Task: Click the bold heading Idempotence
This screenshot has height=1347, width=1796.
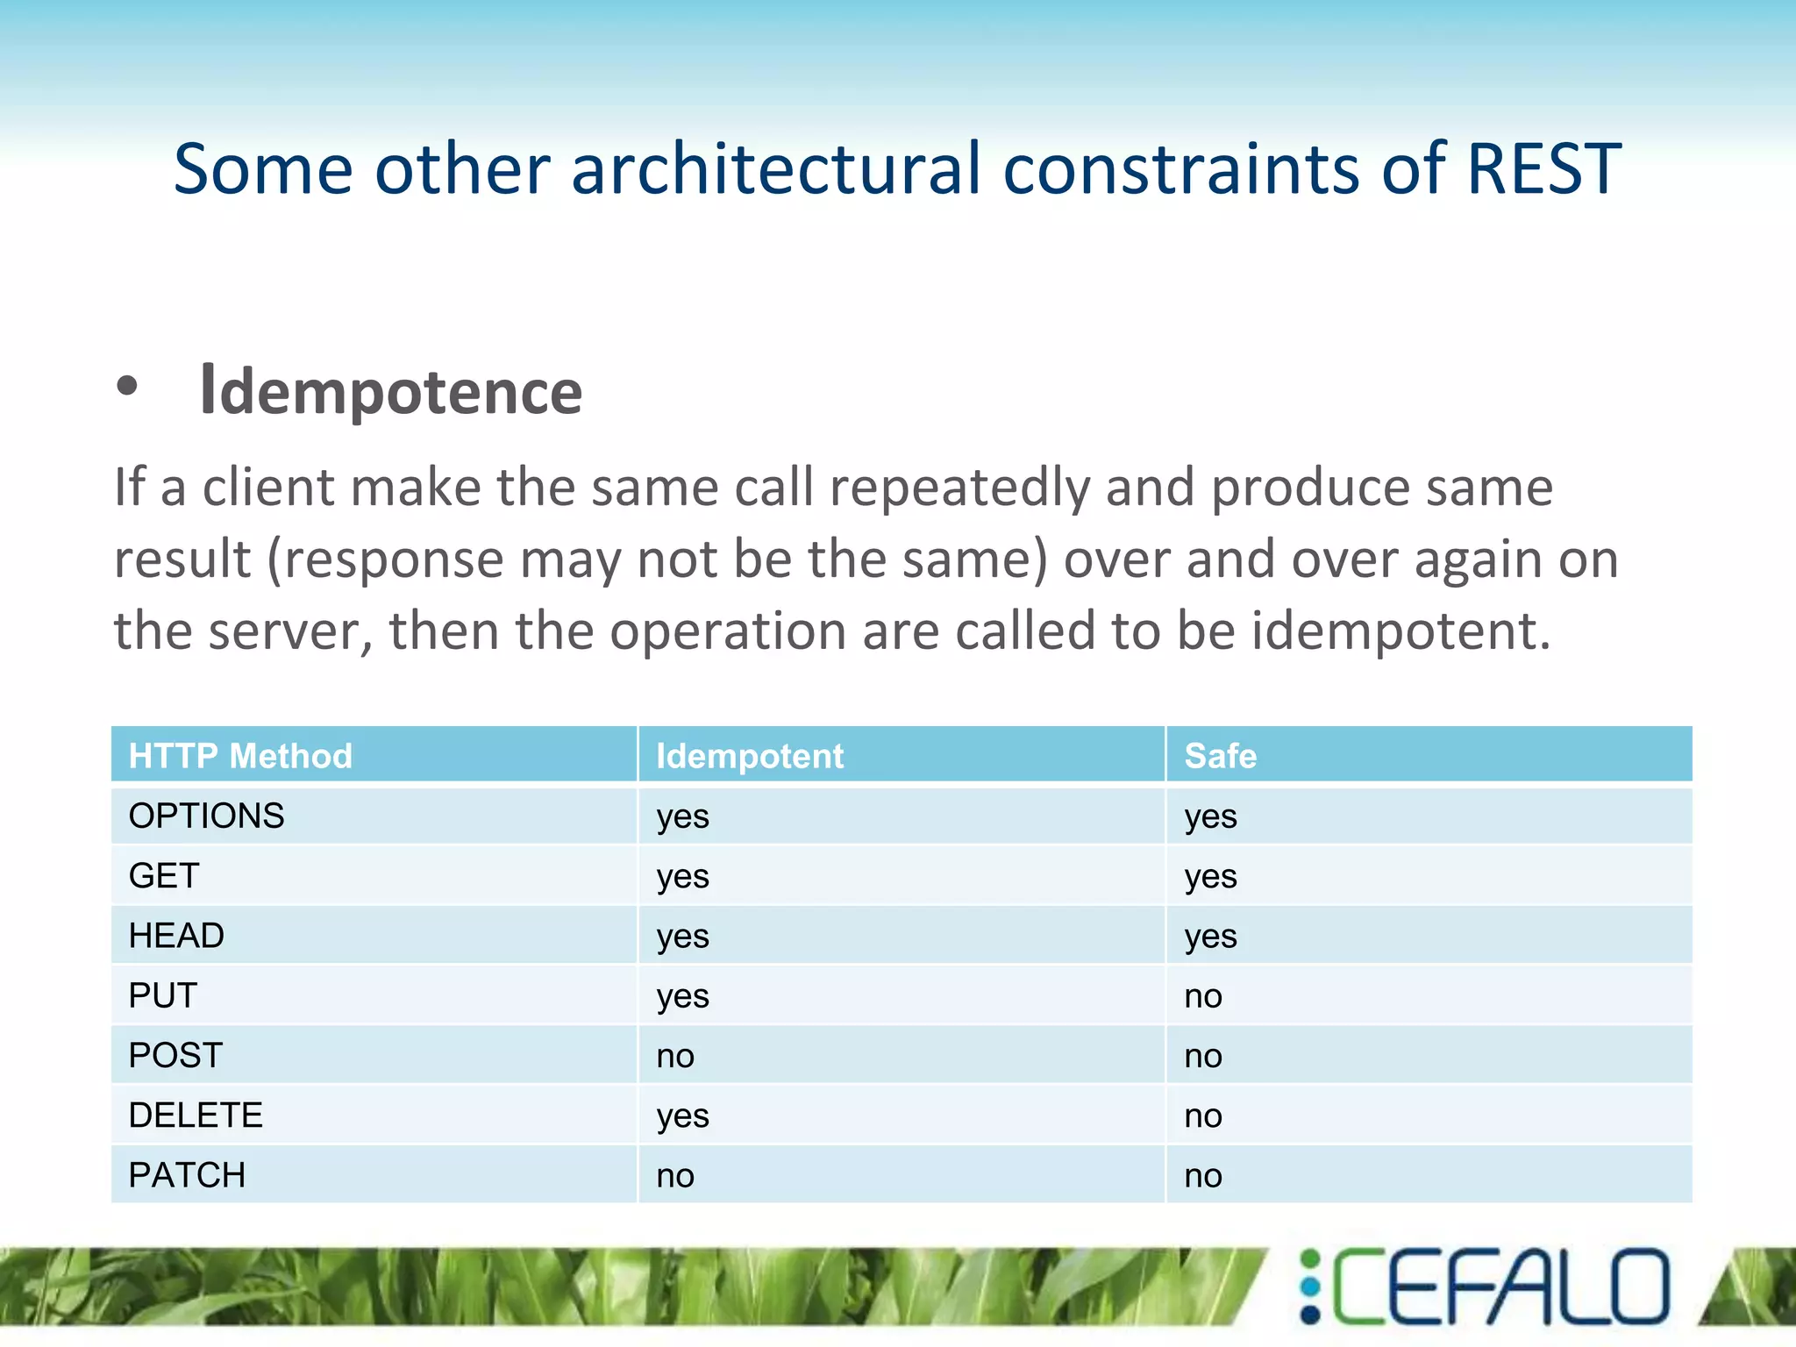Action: click(x=391, y=392)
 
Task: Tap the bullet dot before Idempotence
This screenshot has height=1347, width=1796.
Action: click(x=127, y=387)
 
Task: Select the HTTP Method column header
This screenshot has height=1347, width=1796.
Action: click(x=240, y=756)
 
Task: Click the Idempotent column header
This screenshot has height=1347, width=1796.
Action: click(x=750, y=756)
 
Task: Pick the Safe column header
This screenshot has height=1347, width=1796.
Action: click(x=1220, y=756)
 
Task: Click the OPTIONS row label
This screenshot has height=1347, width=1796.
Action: click(x=206, y=816)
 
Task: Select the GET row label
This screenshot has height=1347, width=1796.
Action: click(x=164, y=876)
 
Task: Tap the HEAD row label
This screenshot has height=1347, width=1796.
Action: click(x=176, y=936)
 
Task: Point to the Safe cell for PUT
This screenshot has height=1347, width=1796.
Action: click(x=1203, y=996)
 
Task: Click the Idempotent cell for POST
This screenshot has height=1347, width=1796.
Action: click(x=675, y=1056)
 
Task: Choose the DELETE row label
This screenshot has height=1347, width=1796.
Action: click(x=196, y=1115)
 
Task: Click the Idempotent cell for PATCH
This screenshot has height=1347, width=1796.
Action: click(x=675, y=1176)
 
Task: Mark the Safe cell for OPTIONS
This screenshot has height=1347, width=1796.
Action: click(x=1210, y=816)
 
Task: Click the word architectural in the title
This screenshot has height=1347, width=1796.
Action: click(x=775, y=169)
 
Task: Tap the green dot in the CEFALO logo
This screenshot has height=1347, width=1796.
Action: click(x=1310, y=1258)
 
